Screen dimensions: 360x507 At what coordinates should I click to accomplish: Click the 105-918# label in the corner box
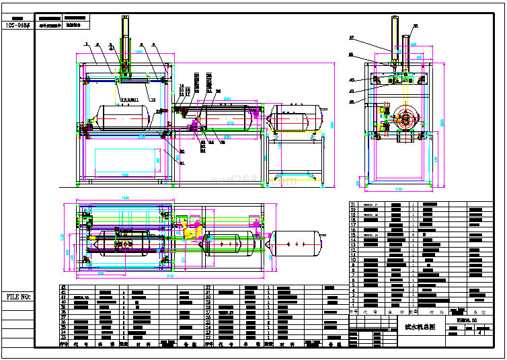tap(17, 25)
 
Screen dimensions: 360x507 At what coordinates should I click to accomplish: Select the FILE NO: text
tap(18, 296)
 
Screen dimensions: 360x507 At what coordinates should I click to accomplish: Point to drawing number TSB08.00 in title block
tap(461, 321)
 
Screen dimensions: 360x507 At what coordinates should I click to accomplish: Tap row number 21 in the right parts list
tap(353, 204)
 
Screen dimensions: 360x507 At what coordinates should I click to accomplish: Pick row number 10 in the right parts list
tap(353, 259)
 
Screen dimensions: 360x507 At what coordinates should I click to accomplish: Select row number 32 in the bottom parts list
tap(208, 287)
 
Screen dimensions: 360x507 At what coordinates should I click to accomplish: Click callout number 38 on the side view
tap(414, 26)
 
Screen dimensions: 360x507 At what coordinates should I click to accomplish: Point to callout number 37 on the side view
tap(352, 37)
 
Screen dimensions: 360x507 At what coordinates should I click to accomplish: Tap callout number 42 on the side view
tap(351, 101)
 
